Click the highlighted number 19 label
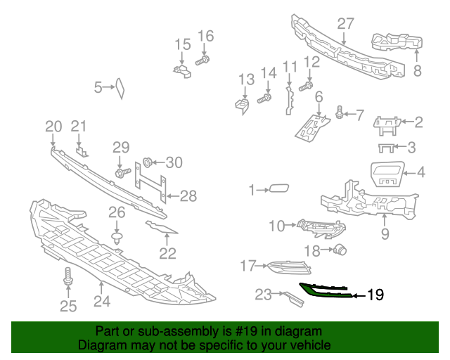tap(375, 295)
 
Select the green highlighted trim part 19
tap(325, 290)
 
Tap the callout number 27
tap(345, 23)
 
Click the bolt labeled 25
tap(69, 276)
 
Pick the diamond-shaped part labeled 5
tap(120, 87)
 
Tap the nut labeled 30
tap(148, 163)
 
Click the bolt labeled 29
tap(122, 171)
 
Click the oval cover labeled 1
tap(279, 188)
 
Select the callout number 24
tap(102, 302)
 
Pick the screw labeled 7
tap(341, 112)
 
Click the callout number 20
tap(53, 127)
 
